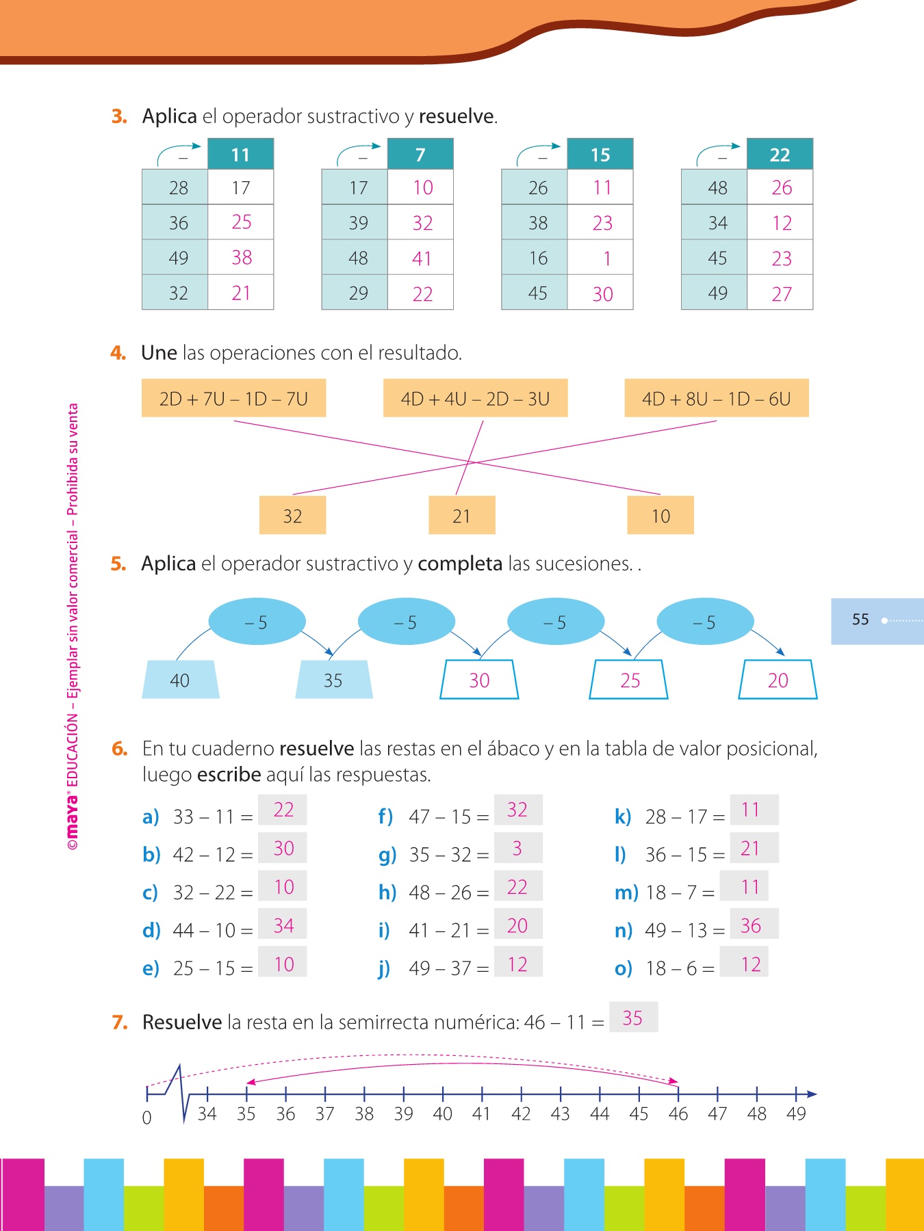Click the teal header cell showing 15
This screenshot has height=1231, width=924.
pyautogui.click(x=600, y=155)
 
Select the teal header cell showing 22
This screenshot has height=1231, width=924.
pyautogui.click(x=780, y=155)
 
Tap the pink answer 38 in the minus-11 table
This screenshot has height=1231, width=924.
pyautogui.click(x=242, y=258)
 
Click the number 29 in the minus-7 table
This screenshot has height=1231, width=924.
pyautogui.click(x=358, y=293)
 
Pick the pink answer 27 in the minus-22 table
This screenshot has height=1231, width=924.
pyautogui.click(x=782, y=294)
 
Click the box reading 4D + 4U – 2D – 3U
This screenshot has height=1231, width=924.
pyautogui.click(x=475, y=399)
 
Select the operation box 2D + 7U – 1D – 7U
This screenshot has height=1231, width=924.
pyautogui.click(x=233, y=399)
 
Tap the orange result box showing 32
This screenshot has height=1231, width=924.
pyautogui.click(x=292, y=516)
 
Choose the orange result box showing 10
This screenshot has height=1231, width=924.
pyautogui.click(x=660, y=516)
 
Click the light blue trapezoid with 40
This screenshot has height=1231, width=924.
pyautogui.click(x=180, y=680)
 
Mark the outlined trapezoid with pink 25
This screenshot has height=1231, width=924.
pyautogui.click(x=629, y=680)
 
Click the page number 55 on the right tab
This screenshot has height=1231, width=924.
pyautogui.click(x=860, y=620)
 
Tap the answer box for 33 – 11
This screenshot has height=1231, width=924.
pyautogui.click(x=283, y=810)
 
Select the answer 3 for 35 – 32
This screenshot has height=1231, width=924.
pyautogui.click(x=517, y=849)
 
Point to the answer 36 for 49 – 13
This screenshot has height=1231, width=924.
pyautogui.click(x=751, y=926)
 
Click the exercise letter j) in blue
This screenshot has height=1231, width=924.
pyautogui.click(x=384, y=968)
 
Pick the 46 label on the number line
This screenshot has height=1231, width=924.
pyautogui.click(x=678, y=1114)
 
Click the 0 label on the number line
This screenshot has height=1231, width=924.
pyautogui.click(x=146, y=1118)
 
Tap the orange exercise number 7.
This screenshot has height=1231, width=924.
pyautogui.click(x=120, y=1022)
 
